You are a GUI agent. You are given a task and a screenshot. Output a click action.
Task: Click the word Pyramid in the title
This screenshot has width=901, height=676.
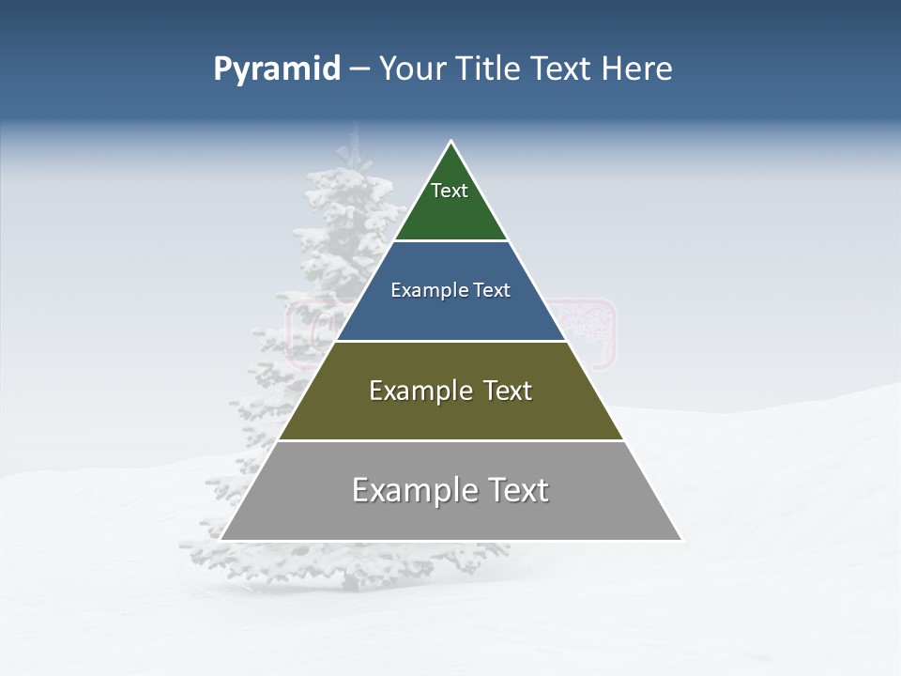(x=276, y=69)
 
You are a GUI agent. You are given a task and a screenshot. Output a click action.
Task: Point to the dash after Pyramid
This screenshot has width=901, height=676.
(x=359, y=69)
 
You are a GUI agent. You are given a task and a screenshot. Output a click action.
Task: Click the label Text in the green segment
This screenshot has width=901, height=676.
(x=450, y=191)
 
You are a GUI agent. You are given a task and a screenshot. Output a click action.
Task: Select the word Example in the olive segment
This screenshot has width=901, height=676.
(x=421, y=391)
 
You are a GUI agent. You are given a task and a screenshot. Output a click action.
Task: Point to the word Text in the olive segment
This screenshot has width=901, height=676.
(x=507, y=391)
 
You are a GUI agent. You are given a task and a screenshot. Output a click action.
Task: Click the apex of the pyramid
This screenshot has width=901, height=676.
(x=451, y=142)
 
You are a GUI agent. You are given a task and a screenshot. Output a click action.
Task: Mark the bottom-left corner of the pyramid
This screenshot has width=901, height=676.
(x=221, y=540)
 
